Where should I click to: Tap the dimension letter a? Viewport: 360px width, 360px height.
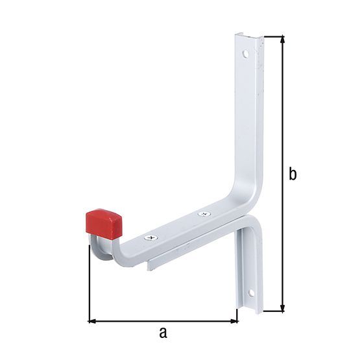point(163,333)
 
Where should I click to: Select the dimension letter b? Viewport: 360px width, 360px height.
point(293,174)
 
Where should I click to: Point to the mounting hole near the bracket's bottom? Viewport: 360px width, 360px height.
point(250,294)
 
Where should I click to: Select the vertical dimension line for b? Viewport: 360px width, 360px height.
point(283,130)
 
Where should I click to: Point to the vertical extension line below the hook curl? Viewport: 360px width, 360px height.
point(88,285)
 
